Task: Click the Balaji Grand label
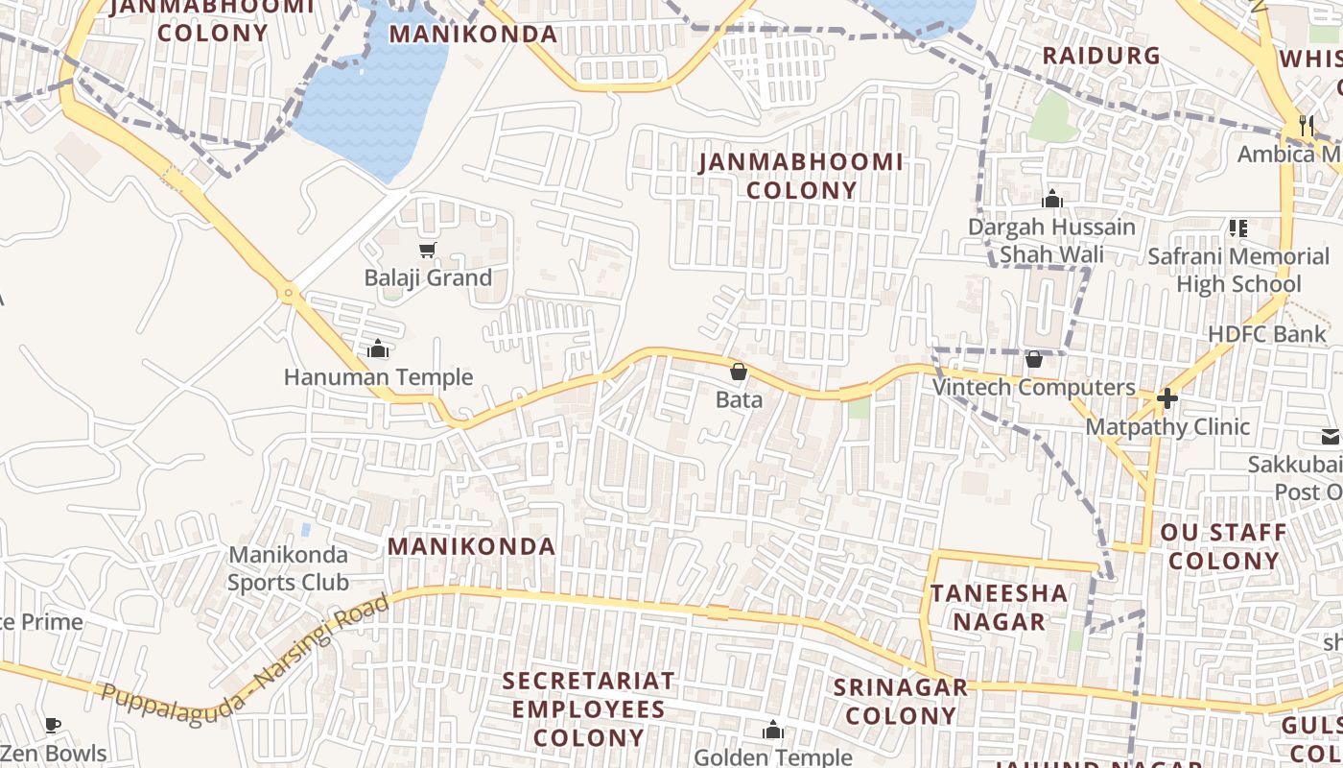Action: [428, 278]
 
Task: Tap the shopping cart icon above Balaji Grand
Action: [428, 251]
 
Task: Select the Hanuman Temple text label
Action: [378, 377]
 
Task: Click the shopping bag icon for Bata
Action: [739, 372]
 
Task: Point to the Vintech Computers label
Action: [1034, 388]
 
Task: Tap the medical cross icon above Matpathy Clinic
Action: [1167, 397]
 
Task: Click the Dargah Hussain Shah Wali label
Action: [1051, 241]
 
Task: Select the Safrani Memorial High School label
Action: [1238, 271]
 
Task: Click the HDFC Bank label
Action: [1266, 334]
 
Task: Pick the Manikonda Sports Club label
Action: [288, 568]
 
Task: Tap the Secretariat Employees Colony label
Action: [588, 709]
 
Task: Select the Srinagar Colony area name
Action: [901, 702]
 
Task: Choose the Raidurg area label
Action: [1101, 56]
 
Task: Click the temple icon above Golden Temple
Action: [772, 731]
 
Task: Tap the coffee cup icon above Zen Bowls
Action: [53, 725]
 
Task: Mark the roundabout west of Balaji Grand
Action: [288, 293]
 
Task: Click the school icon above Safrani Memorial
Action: [1238, 228]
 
